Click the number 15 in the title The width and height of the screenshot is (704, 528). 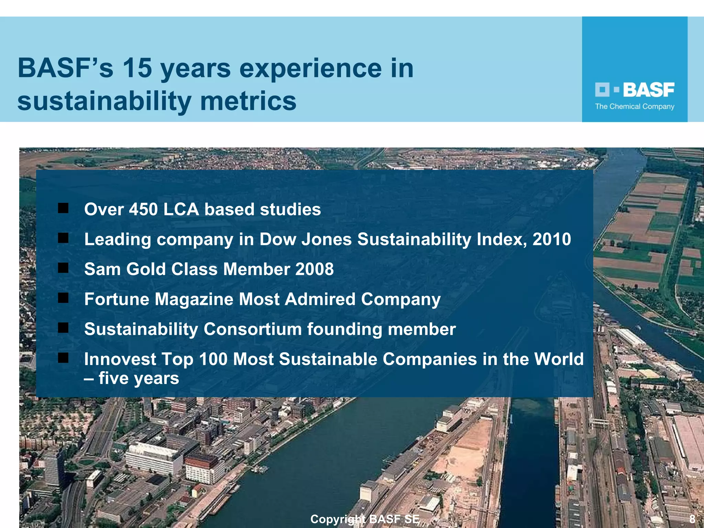click(137, 68)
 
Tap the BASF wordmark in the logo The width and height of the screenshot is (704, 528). click(648, 90)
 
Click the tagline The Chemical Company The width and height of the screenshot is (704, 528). click(635, 107)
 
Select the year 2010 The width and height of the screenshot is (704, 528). click(552, 239)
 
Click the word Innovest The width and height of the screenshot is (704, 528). click(120, 359)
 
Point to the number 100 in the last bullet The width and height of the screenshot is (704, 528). click(213, 359)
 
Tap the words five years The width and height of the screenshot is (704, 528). click(139, 378)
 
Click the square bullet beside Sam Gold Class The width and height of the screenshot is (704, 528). click(63, 268)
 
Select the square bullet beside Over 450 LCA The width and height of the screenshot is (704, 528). click(63, 208)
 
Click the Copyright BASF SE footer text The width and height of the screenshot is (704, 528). click(365, 519)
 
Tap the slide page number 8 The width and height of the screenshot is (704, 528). click(692, 519)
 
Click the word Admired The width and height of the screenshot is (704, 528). click(320, 299)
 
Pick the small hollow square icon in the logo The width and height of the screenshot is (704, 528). click(602, 90)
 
